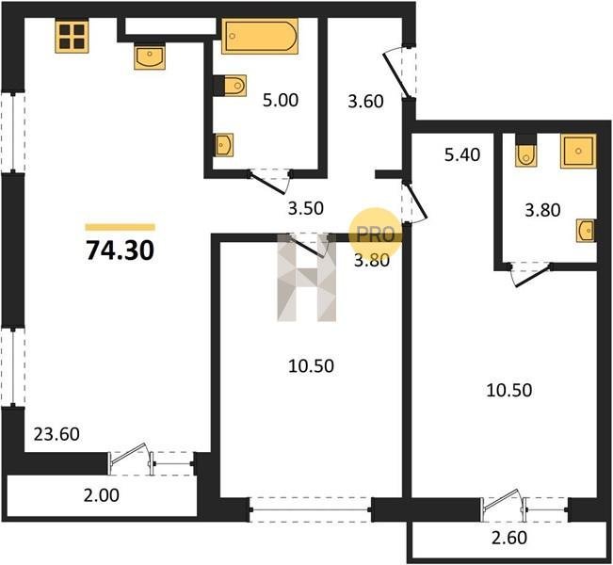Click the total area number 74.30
click(120, 250)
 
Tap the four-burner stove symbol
click(72, 36)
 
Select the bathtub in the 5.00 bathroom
click(260, 37)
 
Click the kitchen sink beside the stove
click(150, 56)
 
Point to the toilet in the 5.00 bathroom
click(231, 86)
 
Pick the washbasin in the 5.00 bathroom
click(223, 145)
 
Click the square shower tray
click(578, 151)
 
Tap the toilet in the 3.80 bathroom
click(525, 151)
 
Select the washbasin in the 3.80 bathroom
click(586, 231)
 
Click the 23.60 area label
click(56, 434)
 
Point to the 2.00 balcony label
click(102, 495)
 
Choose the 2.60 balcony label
click(509, 538)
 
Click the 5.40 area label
click(462, 154)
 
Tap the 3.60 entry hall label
click(366, 102)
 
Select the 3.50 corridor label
click(306, 208)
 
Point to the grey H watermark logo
click(307, 278)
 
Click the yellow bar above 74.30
click(121, 227)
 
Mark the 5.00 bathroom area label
click(281, 100)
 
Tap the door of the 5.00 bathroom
click(269, 181)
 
